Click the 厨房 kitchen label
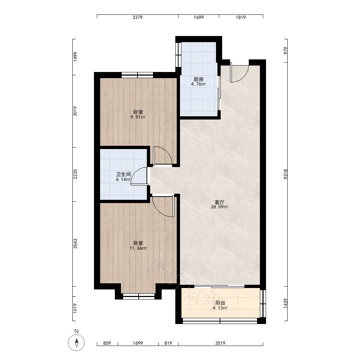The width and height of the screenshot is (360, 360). pos(199,79)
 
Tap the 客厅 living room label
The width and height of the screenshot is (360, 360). pos(220,202)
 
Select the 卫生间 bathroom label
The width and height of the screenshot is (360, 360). pos(123,174)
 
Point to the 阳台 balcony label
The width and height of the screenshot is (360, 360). pos(220,303)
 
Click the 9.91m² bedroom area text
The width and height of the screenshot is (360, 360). pos(138,117)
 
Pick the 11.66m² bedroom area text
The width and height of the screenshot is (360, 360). pos(138,248)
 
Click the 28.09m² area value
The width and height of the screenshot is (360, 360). pos(220,207)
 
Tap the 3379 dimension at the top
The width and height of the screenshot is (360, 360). pos(137,17)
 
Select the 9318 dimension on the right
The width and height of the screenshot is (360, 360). pos(285,174)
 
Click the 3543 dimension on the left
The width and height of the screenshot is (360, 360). pos(75,244)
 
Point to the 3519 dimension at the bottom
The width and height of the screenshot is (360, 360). pos(220,343)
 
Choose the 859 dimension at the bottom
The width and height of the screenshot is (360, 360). pos(107,343)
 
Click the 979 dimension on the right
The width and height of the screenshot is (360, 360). pos(285,50)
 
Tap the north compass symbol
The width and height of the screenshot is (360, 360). pos(76,343)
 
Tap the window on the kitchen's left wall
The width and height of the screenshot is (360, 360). pos(179,55)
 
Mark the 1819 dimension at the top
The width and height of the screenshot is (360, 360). pos(240,17)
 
